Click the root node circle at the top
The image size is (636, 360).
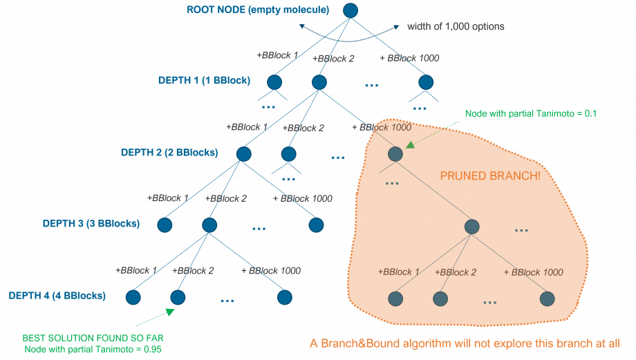[x=350, y=10]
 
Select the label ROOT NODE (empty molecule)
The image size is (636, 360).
[x=258, y=10]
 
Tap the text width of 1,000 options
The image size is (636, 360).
[x=456, y=26]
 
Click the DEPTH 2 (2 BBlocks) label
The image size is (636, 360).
[x=169, y=153]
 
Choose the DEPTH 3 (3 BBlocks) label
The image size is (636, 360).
[x=91, y=224]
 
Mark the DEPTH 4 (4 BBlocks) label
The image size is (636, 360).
[x=57, y=296]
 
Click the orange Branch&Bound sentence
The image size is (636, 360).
[x=463, y=343]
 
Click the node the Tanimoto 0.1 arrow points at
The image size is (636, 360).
[x=395, y=154]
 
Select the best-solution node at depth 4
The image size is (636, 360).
[x=178, y=298]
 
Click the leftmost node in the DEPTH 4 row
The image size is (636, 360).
[x=134, y=298]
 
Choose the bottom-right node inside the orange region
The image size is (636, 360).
[x=548, y=299]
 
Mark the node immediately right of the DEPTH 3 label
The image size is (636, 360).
[x=165, y=225]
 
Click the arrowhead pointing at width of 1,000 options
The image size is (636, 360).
[x=397, y=27]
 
